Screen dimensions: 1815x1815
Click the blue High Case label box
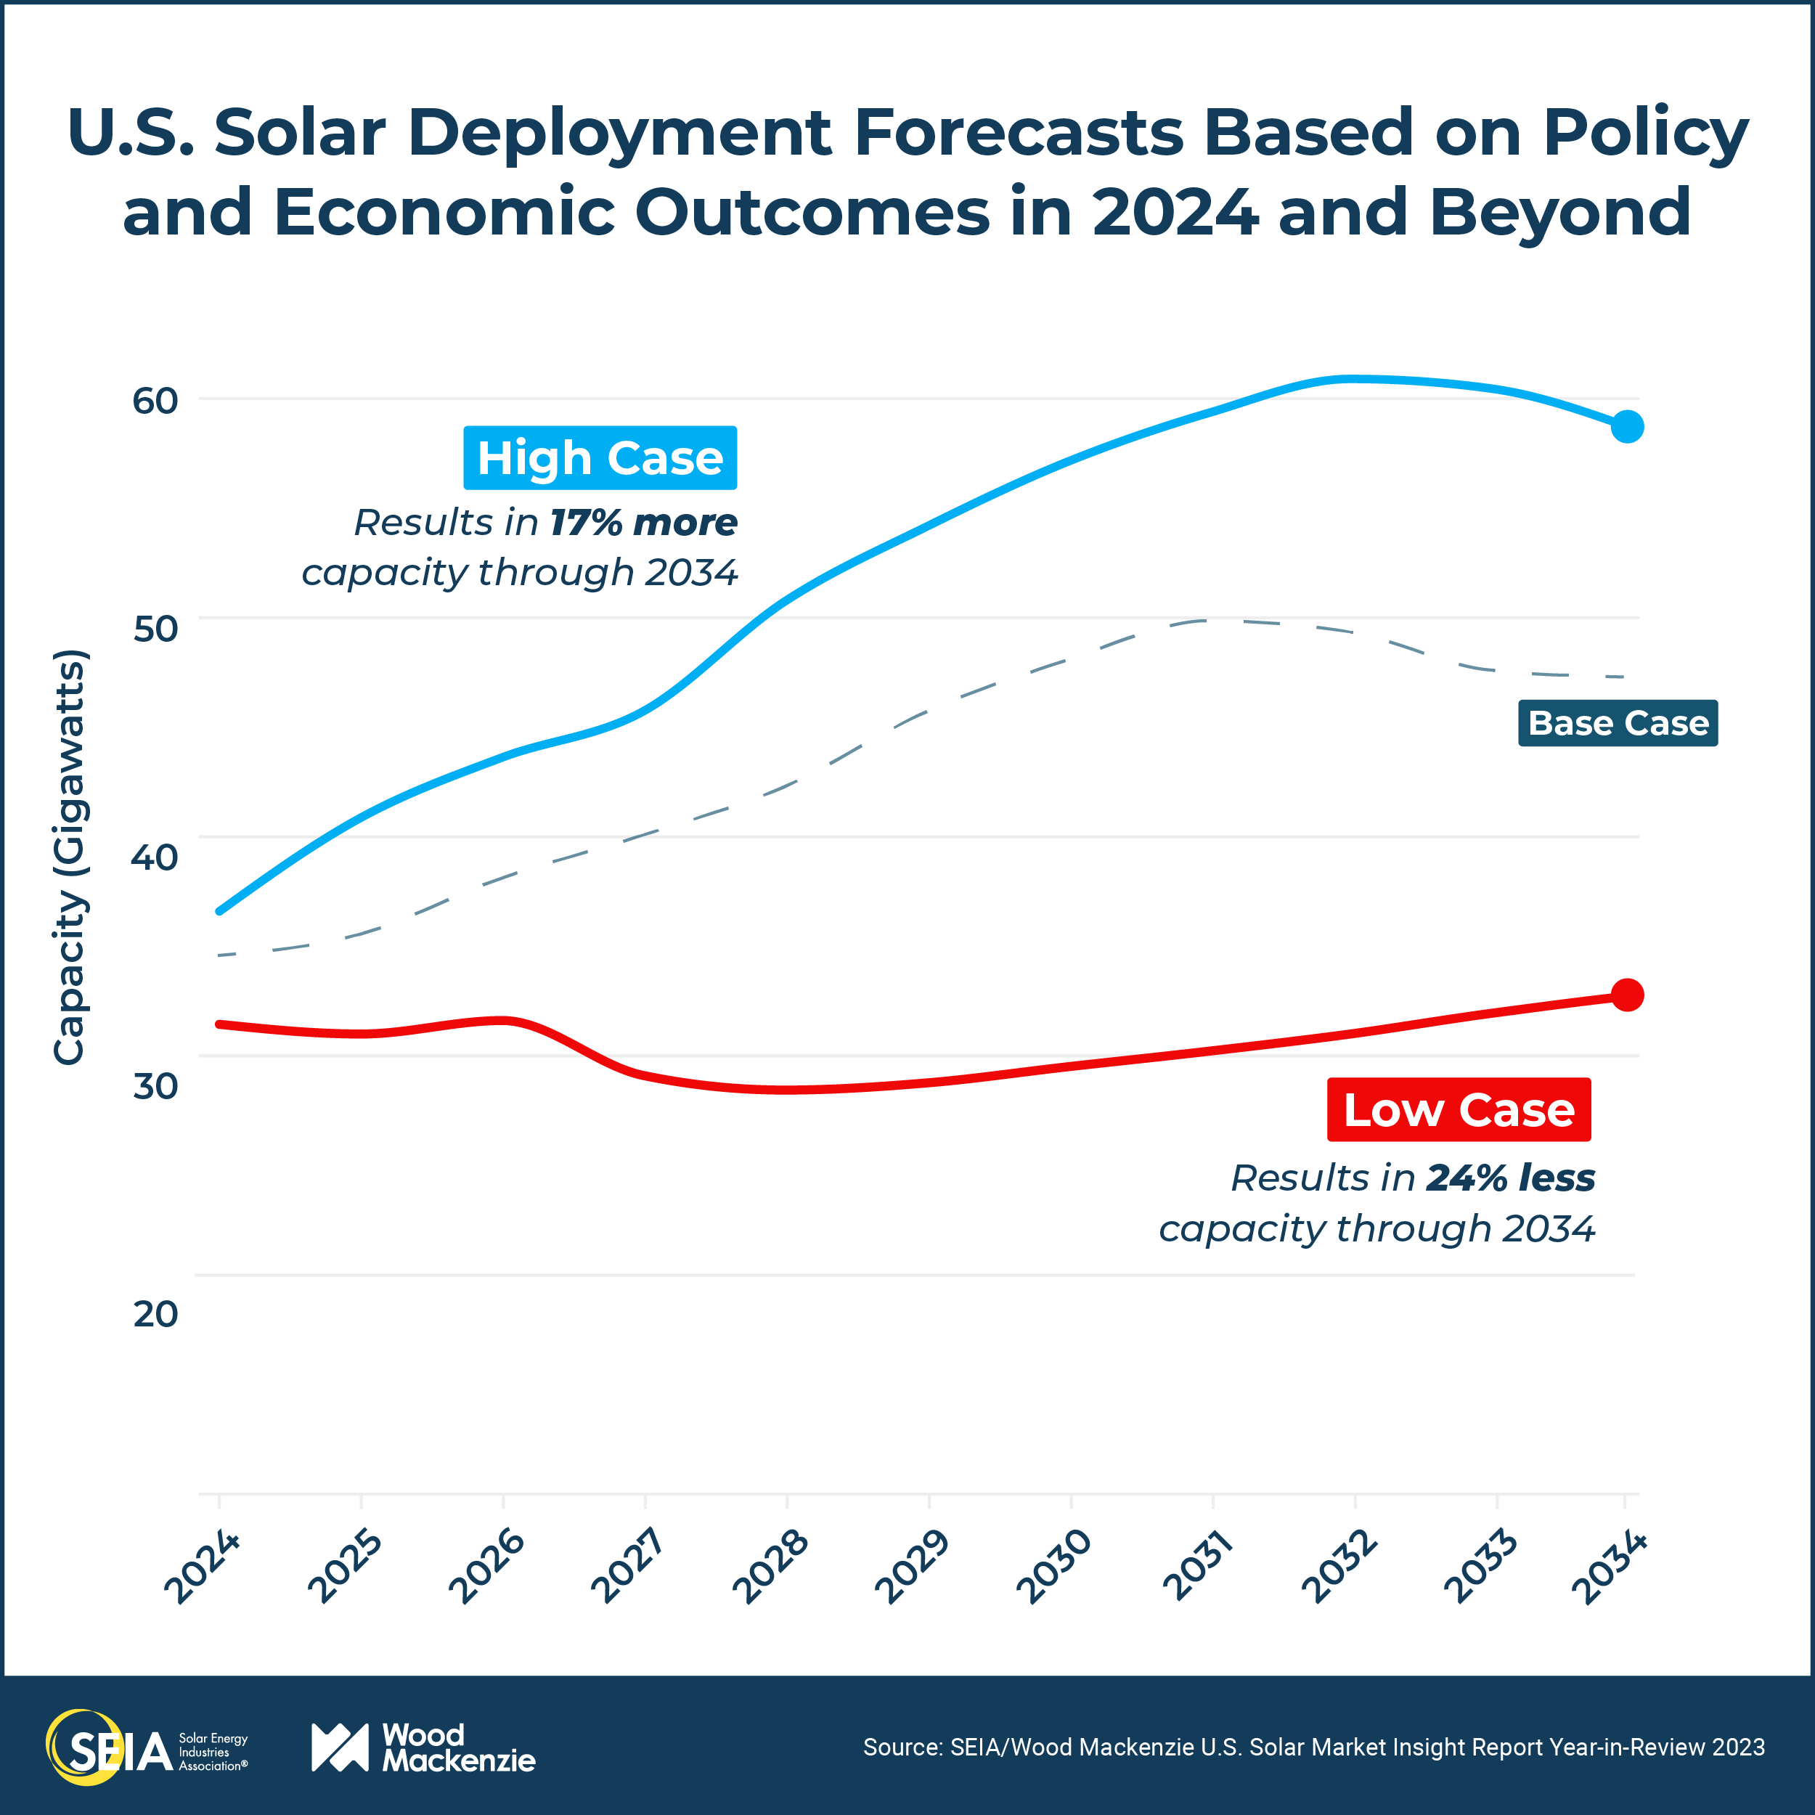click(600, 457)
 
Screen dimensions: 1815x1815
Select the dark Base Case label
click(1618, 723)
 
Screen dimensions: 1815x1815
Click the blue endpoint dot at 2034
click(1627, 426)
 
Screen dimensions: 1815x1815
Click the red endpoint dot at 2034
click(1627, 995)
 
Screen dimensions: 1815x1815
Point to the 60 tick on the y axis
click(155, 400)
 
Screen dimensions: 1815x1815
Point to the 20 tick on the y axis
click(155, 1313)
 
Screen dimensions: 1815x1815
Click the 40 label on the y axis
click(155, 857)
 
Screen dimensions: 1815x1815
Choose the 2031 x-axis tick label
click(1197, 1566)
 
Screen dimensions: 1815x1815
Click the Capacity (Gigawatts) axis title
click(68, 857)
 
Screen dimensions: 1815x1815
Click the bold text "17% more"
click(643, 522)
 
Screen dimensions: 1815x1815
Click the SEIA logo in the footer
click(146, 1747)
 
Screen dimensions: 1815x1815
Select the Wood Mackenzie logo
click(423, 1747)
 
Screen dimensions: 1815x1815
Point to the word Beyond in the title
click(1559, 211)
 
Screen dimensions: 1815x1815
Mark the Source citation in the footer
click(1313, 1747)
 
